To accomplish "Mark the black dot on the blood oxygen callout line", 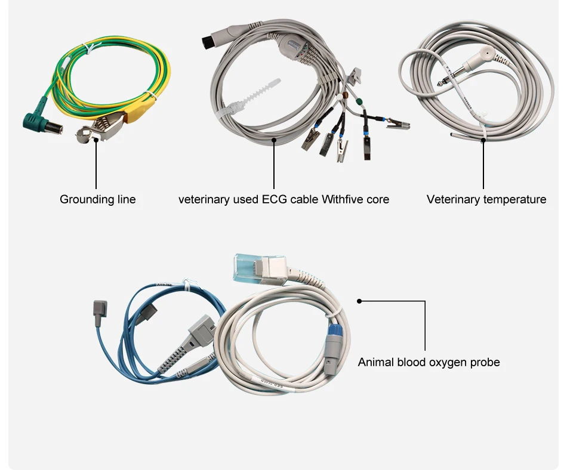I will (x=359, y=301).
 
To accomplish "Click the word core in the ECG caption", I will (x=377, y=199).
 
